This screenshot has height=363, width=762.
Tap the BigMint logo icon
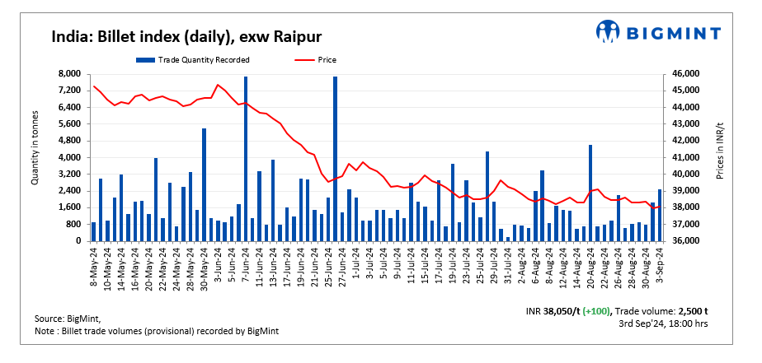[609, 32]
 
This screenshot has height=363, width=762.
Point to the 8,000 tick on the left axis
[68, 74]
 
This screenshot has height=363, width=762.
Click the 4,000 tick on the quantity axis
[68, 157]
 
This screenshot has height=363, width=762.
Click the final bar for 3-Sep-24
[659, 216]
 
